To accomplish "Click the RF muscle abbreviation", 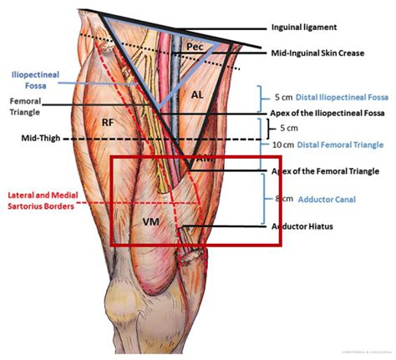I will click(108, 123).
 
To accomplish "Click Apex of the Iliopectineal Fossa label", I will click(325, 113).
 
